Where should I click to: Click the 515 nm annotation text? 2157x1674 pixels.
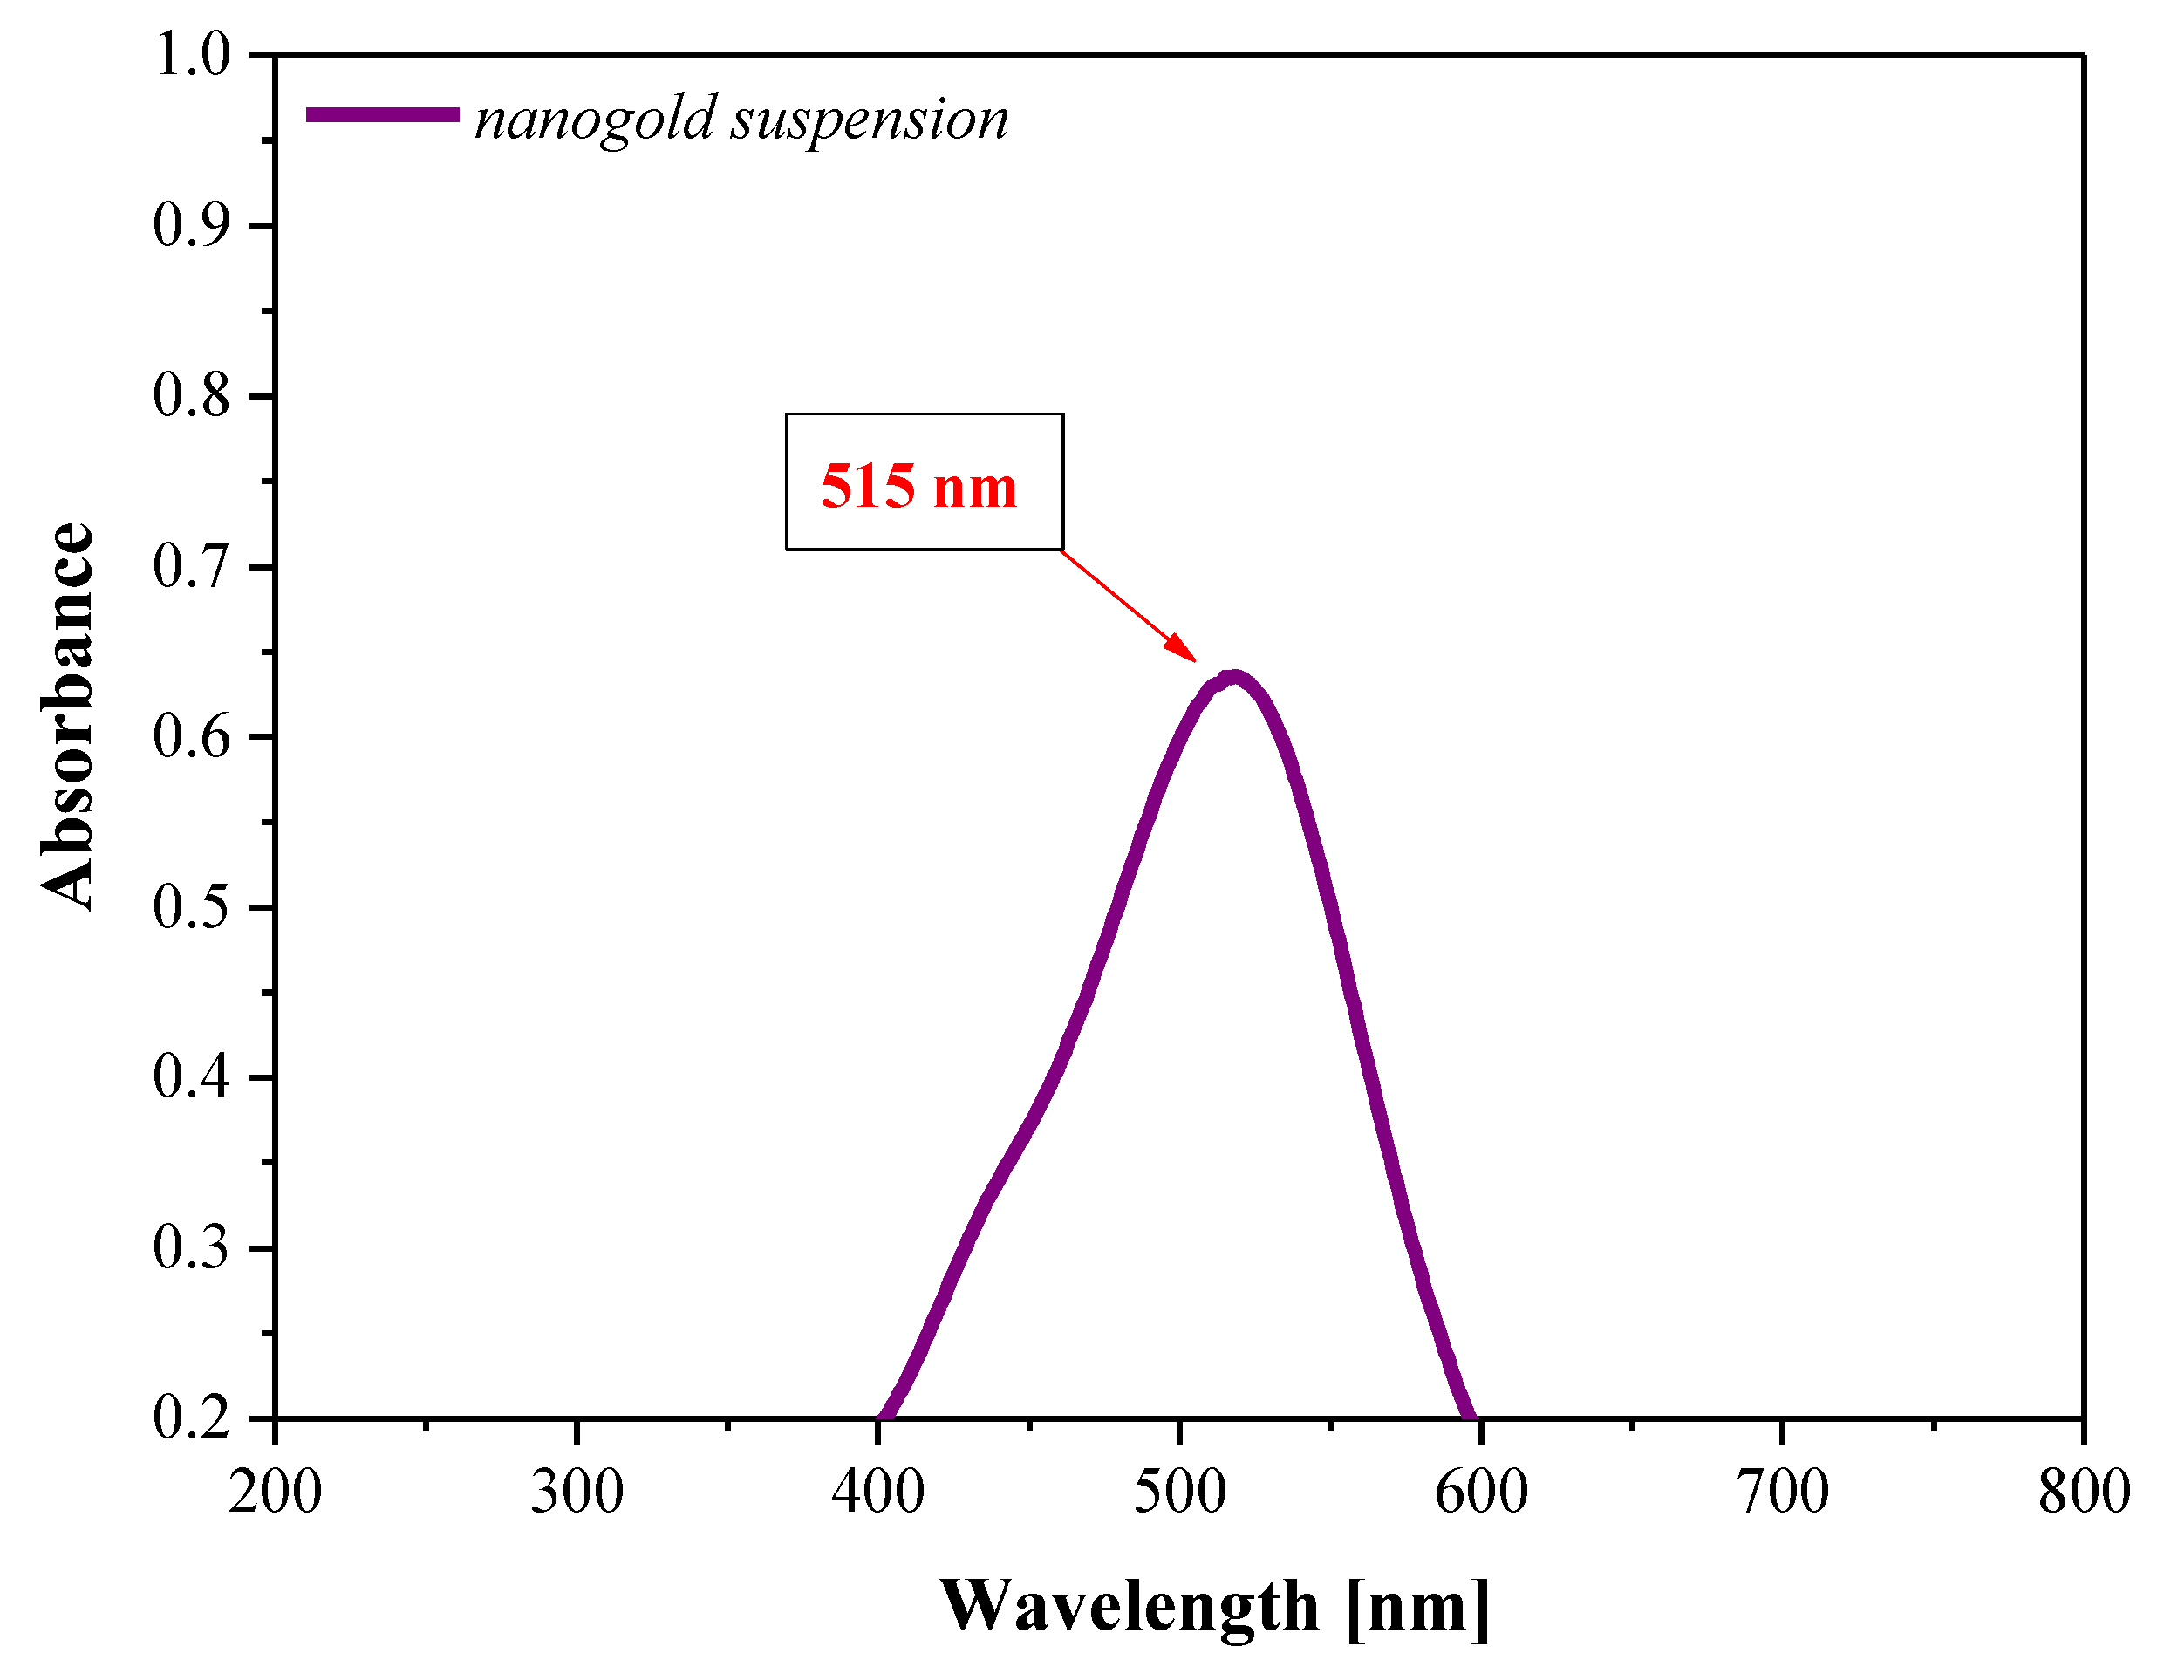[x=918, y=486]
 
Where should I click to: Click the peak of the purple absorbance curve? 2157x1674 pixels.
[x=1232, y=678]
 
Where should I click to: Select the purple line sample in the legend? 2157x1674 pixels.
[x=382, y=114]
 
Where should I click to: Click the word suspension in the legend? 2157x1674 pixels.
[x=869, y=120]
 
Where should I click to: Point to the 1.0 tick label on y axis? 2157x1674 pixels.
[x=192, y=54]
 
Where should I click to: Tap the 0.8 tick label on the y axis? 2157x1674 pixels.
[x=192, y=396]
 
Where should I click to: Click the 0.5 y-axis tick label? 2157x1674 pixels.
[x=192, y=906]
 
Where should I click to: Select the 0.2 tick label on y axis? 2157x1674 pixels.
[x=192, y=1418]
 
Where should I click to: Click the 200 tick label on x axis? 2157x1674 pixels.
[x=275, y=1492]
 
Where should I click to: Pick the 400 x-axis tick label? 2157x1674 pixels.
[x=878, y=1492]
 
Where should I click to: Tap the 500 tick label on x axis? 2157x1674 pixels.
[x=1179, y=1492]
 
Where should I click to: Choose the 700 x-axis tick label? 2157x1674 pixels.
[x=1783, y=1492]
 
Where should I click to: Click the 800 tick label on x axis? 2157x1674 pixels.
[x=2084, y=1492]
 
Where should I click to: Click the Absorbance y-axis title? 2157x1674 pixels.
[x=67, y=717]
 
